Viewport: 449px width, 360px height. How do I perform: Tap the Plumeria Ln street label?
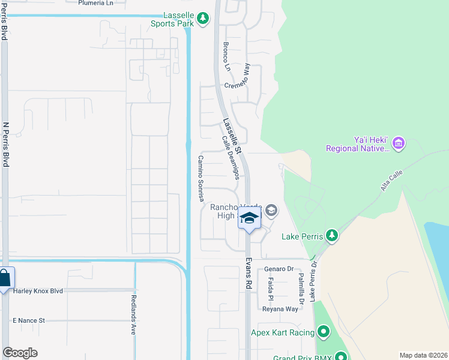point(95,3)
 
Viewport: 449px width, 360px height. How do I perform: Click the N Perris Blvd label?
point(6,144)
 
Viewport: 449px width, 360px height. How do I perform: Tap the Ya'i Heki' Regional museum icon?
point(400,143)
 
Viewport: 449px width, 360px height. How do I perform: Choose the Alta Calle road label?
point(393,179)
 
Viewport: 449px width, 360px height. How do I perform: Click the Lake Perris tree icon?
point(331,236)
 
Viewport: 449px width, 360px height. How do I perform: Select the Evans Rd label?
point(248,274)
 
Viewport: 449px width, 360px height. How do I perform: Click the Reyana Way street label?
point(280,309)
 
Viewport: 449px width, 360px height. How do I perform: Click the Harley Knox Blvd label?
point(38,291)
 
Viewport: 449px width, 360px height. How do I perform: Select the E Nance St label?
point(29,320)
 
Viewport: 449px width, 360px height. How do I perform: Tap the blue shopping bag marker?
point(4,279)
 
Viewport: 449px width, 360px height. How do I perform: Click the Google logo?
point(20,353)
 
